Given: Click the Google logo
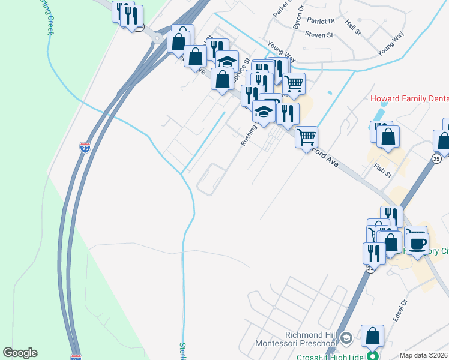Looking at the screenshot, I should (20, 353).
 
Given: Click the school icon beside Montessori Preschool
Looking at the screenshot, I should (346, 339).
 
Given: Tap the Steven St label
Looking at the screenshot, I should (319, 35).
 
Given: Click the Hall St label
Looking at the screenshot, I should (353, 26).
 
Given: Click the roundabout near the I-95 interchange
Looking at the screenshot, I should (157, 39).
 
